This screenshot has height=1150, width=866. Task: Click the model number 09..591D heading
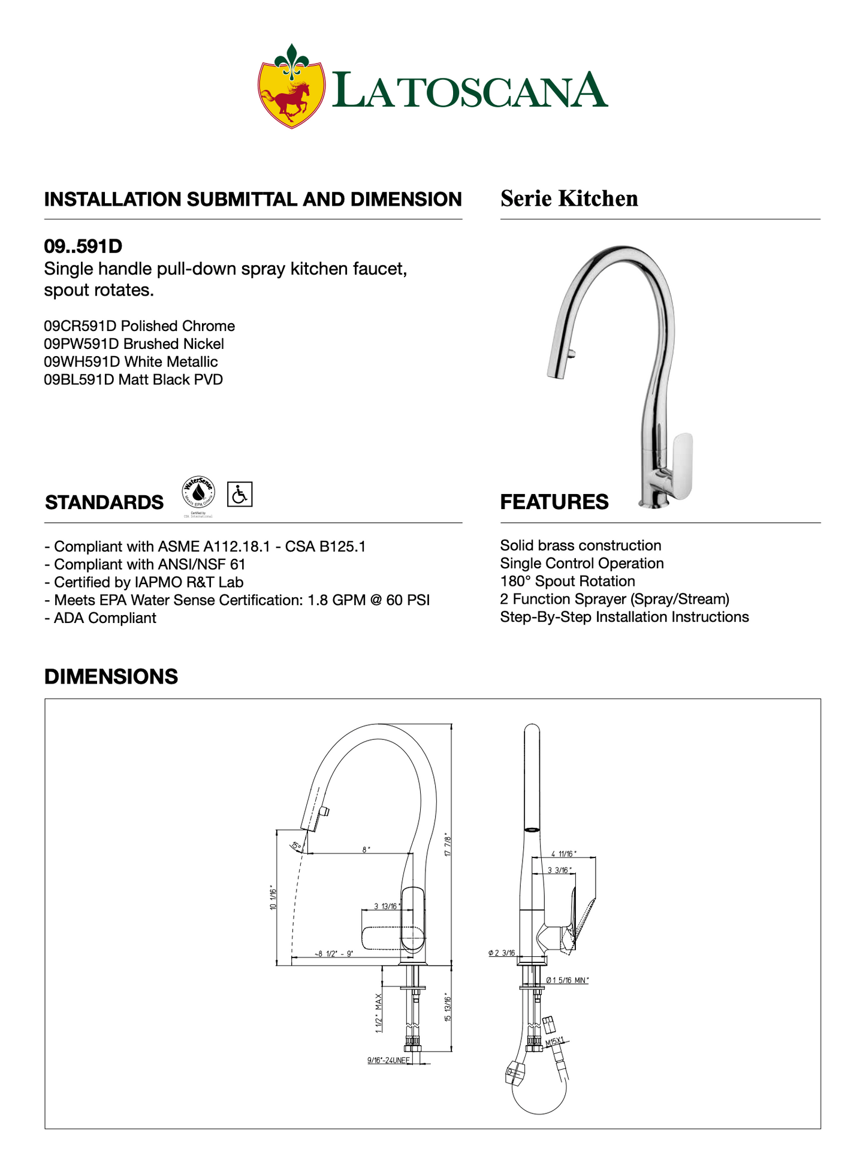pos(83,246)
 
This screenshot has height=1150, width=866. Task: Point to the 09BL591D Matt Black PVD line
pos(133,380)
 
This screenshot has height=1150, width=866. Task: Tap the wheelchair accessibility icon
pos(240,495)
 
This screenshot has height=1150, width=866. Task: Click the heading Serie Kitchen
pos(569,198)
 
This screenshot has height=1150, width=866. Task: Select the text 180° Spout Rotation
pos(567,582)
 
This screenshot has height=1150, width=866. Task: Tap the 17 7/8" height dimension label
pos(447,844)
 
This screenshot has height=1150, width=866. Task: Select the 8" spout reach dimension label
pos(366,850)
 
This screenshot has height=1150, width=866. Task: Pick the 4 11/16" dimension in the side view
pos(563,854)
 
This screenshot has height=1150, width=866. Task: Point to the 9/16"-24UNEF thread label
pos(388,1061)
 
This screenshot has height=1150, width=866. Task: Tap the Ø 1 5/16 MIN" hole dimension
pos(567,980)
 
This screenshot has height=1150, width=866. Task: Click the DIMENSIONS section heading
pos(111,676)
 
